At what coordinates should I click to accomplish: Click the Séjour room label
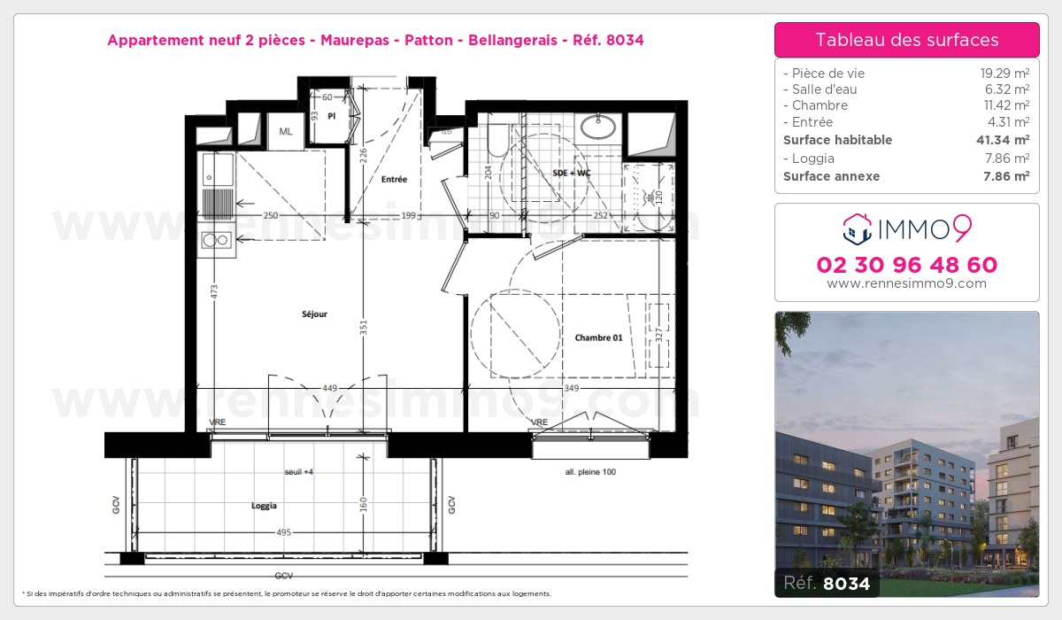pyautogui.click(x=314, y=314)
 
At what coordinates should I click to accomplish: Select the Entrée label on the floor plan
pyautogui.click(x=394, y=180)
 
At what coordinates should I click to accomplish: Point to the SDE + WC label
pyautogui.click(x=571, y=173)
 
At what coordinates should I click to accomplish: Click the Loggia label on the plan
pyautogui.click(x=264, y=506)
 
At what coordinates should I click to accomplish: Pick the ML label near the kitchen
pyautogui.click(x=286, y=131)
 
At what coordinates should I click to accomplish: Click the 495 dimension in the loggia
pyautogui.click(x=283, y=531)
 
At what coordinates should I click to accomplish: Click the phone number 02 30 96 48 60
pyautogui.click(x=907, y=265)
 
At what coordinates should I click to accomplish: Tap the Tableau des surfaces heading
pyautogui.click(x=907, y=40)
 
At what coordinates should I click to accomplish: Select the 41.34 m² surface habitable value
pyautogui.click(x=1008, y=140)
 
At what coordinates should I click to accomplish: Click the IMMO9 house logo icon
pyautogui.click(x=857, y=229)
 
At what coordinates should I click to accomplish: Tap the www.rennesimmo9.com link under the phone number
pyautogui.click(x=907, y=283)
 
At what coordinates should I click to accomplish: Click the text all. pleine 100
pyautogui.click(x=590, y=472)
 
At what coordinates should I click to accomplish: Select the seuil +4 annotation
pyautogui.click(x=299, y=472)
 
